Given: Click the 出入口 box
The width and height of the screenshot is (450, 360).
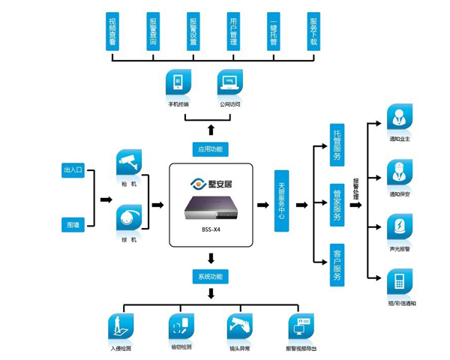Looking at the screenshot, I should [x=73, y=171].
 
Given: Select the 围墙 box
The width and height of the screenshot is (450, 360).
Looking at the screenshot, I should [x=73, y=224].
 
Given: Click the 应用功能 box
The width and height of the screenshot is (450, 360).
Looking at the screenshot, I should [x=210, y=148].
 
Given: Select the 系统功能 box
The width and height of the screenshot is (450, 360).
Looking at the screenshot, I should [x=210, y=276].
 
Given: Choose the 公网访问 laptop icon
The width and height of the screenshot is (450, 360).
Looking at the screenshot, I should [x=230, y=82].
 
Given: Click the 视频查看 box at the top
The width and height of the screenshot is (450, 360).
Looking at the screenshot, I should [x=112, y=31].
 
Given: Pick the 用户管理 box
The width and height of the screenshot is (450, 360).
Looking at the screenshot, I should [x=233, y=31].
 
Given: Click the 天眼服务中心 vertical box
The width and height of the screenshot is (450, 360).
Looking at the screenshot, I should [x=282, y=200].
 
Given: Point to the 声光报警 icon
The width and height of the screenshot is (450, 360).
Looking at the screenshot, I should [x=397, y=227].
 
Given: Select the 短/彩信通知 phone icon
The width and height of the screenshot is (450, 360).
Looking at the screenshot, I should [x=397, y=283].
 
